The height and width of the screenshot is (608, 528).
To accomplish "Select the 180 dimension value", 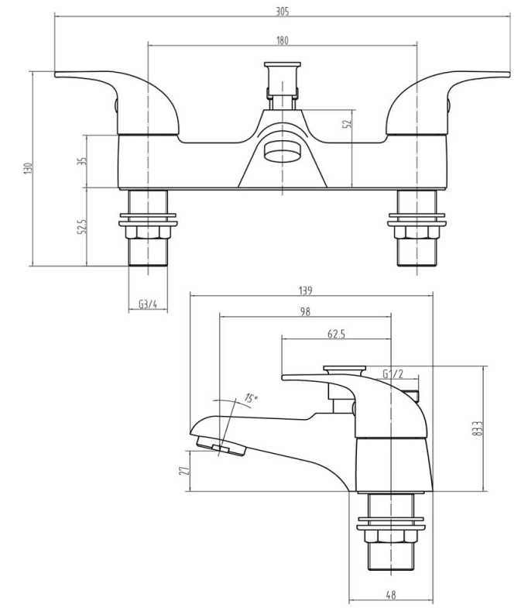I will pos(282,40).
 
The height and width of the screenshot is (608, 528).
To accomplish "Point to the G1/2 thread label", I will pos(393,375).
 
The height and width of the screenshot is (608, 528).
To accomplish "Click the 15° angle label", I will pos(250,398).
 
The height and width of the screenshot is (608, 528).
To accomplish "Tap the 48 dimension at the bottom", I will pos(391,595).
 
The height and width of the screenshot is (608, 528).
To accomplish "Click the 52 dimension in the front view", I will pos(347,124).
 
